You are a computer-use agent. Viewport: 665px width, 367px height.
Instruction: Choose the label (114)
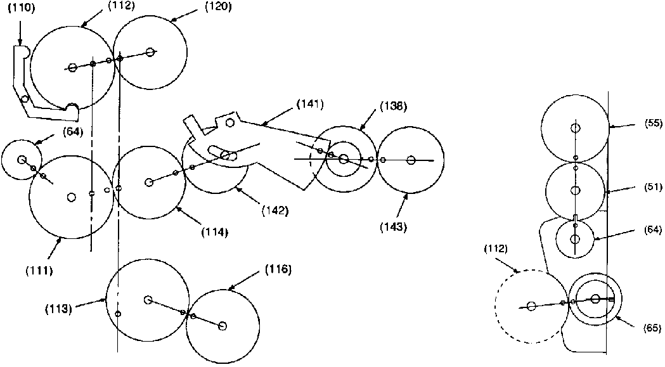point(215,232)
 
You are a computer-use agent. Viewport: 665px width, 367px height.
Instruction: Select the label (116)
point(279,269)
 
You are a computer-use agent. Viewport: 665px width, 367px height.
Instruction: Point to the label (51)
point(649,188)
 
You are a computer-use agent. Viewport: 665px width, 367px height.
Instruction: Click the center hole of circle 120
point(150,52)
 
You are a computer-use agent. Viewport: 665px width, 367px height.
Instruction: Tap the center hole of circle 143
point(411,160)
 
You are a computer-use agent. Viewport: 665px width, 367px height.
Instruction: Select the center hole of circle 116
point(222,325)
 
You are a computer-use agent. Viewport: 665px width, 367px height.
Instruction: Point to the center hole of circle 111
point(71,197)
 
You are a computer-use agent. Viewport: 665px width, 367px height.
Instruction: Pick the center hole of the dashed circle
point(531,306)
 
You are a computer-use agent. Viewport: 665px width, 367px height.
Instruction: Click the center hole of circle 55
point(575,129)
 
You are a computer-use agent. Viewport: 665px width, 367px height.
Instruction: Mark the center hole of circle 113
point(148,299)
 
